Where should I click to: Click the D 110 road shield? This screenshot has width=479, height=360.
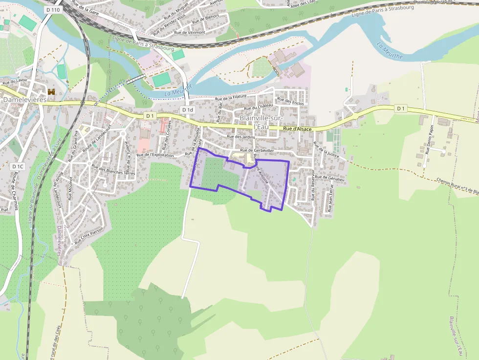[x=53, y=10]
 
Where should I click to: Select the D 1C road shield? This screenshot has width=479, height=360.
[x=17, y=167]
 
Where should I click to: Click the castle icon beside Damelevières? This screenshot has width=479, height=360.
[x=52, y=92]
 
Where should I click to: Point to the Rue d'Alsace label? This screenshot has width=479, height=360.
[x=297, y=129]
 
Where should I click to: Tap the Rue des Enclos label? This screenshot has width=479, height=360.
[x=290, y=101]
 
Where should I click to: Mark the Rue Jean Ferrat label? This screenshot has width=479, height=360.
[x=331, y=197]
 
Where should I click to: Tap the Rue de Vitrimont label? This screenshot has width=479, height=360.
[x=190, y=32]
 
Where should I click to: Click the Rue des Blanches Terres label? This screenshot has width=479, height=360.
[x=113, y=171]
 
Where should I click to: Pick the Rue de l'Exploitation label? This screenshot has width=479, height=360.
[x=155, y=155]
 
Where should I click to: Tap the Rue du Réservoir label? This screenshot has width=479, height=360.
[x=312, y=185]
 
